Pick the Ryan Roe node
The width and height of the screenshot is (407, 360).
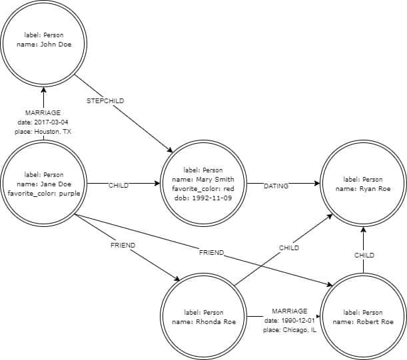click(363, 184)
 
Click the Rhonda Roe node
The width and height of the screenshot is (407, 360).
click(203, 317)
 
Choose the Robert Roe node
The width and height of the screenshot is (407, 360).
click(363, 317)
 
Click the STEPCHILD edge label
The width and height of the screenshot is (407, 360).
click(105, 102)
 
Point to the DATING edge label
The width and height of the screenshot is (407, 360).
click(276, 186)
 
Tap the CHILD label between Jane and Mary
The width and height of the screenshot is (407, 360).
click(119, 186)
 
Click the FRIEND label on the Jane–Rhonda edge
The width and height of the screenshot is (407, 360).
click(123, 246)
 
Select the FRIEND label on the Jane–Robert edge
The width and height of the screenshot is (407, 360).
click(210, 252)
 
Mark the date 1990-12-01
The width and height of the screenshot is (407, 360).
click(290, 321)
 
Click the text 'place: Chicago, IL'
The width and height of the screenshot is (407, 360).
click(290, 330)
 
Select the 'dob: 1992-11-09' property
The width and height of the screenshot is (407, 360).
click(203, 198)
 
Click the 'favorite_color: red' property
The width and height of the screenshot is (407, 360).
click(203, 188)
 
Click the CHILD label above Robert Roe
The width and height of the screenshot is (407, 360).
click(364, 255)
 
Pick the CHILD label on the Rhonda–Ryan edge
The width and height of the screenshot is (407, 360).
click(289, 248)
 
